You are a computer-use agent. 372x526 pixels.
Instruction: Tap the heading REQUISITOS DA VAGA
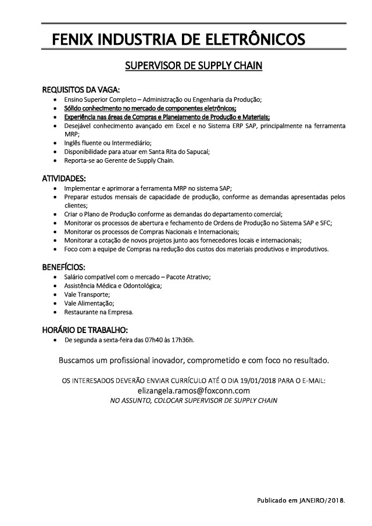[81, 90]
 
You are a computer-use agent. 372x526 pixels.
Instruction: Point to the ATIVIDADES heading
[65, 178]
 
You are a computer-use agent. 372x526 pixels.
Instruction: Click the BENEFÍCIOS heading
[64, 267]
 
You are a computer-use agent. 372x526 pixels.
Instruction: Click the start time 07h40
[146, 339]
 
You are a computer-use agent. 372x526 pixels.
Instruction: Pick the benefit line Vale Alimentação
[90, 303]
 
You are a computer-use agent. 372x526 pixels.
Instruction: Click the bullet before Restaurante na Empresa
[55, 312]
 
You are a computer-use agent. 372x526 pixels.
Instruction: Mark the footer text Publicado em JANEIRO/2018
[301, 500]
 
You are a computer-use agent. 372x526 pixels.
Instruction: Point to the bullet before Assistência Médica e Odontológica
[55, 285]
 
